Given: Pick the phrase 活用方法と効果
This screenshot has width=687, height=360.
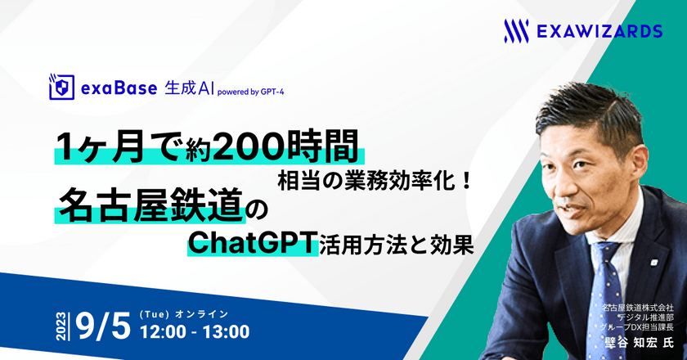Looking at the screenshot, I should pyautogui.click(x=396, y=245).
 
